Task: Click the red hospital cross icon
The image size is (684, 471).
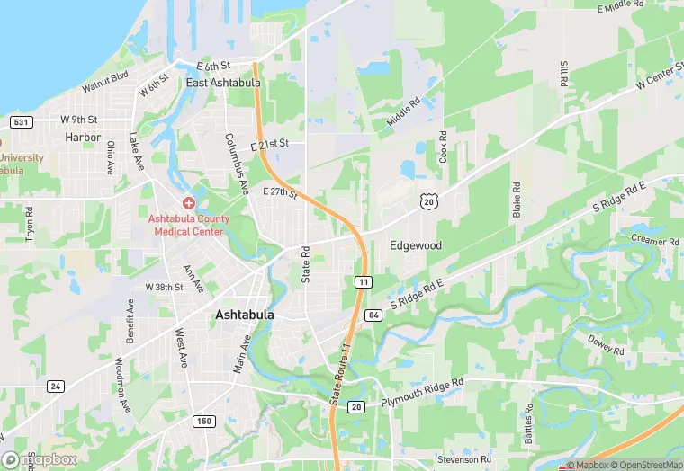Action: click(189, 204)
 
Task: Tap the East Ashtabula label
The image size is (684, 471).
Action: click(223, 83)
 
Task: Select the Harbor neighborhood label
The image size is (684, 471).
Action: click(83, 138)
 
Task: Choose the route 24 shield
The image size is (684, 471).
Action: click(56, 387)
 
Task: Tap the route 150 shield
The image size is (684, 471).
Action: click(205, 421)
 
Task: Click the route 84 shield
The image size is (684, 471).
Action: click(373, 314)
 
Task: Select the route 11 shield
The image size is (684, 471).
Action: click(363, 282)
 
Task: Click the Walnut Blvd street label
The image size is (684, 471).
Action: click(106, 82)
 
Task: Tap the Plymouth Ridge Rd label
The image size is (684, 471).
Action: click(421, 385)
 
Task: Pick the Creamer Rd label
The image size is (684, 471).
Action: click(654, 242)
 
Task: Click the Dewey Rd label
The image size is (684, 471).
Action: click(606, 343)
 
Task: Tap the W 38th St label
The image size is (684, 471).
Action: click(164, 288)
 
